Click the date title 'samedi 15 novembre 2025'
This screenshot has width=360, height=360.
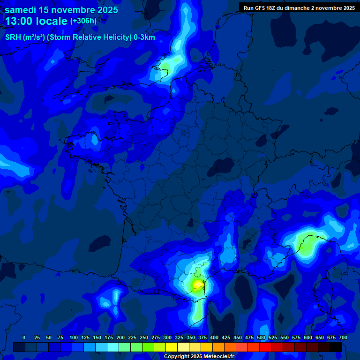61,10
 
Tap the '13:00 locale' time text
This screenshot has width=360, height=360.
37,21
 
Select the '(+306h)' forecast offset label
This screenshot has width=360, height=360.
83,21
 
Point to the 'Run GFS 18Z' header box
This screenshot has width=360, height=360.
299,8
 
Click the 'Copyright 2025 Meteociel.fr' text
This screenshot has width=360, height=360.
199,356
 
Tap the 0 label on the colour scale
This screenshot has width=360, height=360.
24,337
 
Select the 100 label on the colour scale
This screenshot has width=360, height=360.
74,337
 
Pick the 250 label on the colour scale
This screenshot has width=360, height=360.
144,337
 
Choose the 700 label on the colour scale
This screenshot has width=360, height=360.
343,337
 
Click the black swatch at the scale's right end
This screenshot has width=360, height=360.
336,347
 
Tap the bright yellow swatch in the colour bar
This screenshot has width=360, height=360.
172,347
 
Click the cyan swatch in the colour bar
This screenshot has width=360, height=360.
113,347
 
